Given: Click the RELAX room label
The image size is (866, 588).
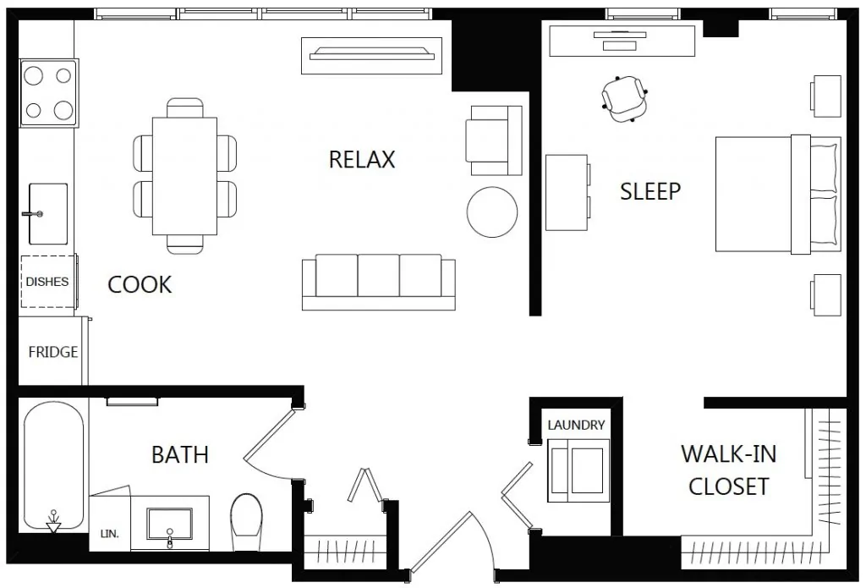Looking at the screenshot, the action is (362, 160).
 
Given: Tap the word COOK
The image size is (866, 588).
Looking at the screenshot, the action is (140, 284).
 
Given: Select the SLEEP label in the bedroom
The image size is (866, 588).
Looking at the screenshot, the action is (650, 191).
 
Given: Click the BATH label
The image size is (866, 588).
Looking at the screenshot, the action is (180, 455).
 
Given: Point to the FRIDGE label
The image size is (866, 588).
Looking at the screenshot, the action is (53, 352).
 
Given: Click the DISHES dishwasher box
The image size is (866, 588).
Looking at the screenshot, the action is (48, 282).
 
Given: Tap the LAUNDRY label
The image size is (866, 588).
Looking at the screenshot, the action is (576, 425).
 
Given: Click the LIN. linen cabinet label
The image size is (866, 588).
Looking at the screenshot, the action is (109, 535).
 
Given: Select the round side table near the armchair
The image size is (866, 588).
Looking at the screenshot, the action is (492, 212).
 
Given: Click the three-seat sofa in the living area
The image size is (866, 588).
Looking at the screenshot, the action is (378, 282).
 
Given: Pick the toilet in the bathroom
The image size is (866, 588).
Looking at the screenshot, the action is (246, 522).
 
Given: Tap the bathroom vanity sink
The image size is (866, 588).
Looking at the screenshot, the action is (169, 524).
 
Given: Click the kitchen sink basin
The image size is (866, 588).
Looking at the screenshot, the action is (48, 214).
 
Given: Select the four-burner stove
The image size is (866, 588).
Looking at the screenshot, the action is (48, 93).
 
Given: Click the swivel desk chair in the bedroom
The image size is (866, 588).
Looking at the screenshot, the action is (625, 99).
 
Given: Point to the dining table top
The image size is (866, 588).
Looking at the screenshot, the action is (184, 176).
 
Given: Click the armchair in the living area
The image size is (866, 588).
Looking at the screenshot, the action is (493, 140).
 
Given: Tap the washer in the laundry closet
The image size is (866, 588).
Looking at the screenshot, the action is (578, 471).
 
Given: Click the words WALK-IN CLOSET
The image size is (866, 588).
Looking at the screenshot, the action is (729, 470).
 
